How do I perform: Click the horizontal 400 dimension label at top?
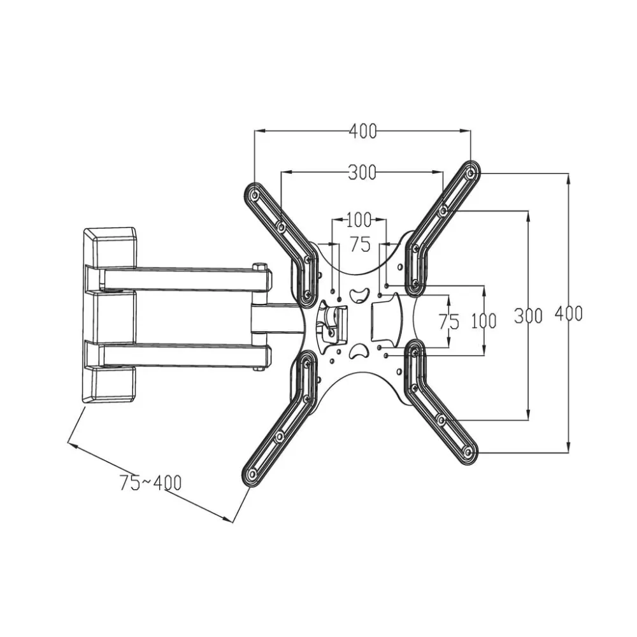pos(363,131)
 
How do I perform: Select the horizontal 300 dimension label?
pos(362,173)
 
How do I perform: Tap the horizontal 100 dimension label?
pos(359,220)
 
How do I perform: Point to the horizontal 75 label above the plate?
pos(361,244)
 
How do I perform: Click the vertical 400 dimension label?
pos(569,313)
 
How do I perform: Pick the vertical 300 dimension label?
pos(528,316)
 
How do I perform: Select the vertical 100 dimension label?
pos(484,321)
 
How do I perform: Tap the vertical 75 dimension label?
pos(449,322)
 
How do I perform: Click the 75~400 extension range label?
pos(150,483)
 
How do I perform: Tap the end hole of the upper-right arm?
pos(470,174)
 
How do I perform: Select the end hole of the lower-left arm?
pos(252,474)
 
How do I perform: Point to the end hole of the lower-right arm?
pos(468,452)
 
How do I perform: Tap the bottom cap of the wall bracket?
pos(109,384)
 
